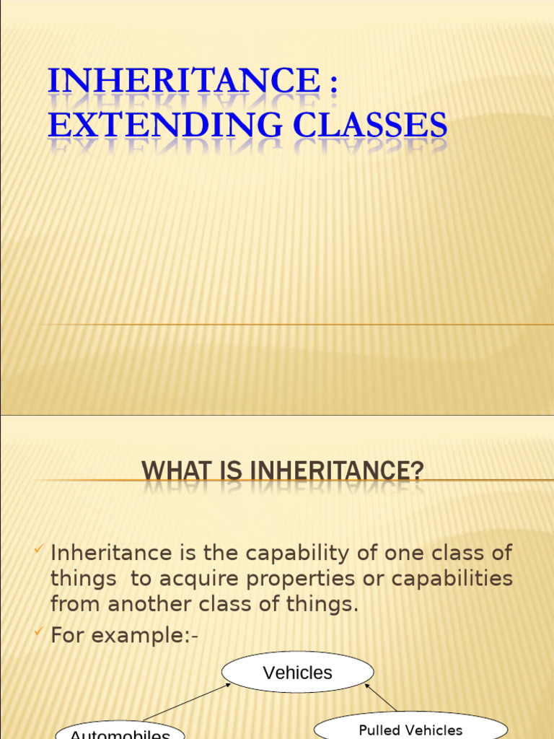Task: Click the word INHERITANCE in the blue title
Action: pos(183,80)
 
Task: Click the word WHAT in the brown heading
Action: pos(172,472)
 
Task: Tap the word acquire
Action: pos(194,579)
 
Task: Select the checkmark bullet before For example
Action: pos(39,633)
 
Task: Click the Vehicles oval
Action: pos(297,673)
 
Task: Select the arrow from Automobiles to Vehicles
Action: pos(187,702)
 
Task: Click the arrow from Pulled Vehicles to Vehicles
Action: pos(380,697)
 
